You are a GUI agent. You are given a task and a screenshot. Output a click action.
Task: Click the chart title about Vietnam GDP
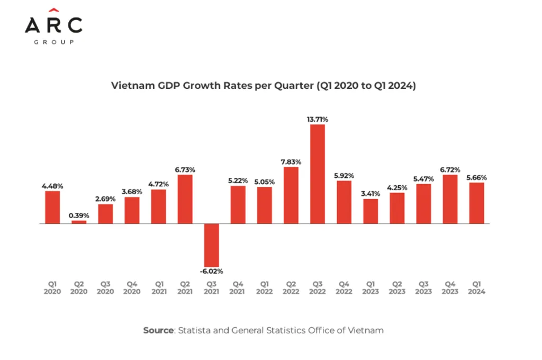[263, 86]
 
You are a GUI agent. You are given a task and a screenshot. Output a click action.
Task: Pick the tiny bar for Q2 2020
[79, 222]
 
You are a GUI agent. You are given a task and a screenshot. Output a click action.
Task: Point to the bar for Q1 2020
[52, 207]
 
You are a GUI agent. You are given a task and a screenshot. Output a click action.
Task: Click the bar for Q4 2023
[450, 199]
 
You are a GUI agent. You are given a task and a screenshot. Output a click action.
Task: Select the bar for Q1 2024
[476, 203]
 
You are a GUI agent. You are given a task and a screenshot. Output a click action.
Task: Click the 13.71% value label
[318, 119]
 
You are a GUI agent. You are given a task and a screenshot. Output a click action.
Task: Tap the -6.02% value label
[212, 271]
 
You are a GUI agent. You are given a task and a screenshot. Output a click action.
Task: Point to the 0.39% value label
[79, 215]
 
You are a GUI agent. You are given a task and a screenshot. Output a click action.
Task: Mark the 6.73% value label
[185, 169]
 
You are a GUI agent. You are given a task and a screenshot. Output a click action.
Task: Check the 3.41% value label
[371, 193]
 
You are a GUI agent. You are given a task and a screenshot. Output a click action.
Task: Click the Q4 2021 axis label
[238, 288]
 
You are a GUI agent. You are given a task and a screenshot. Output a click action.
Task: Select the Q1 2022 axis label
[265, 288]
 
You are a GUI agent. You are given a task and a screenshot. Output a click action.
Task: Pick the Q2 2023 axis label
[397, 288]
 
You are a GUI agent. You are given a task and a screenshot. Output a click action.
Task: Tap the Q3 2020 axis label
[105, 288]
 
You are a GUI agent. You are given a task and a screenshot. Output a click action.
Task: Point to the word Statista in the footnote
[195, 330]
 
